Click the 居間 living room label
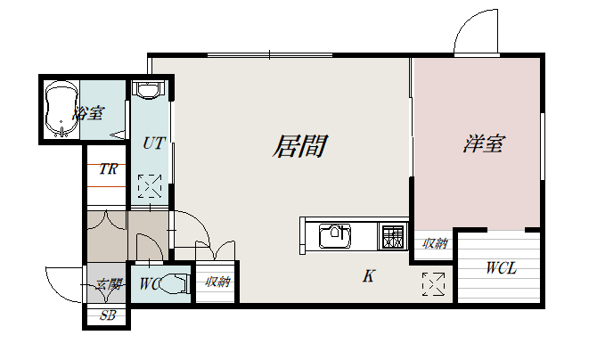(x=299, y=146)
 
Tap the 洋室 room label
(x=485, y=143)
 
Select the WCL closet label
(x=502, y=268)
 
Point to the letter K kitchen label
(x=368, y=276)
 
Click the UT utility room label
(x=153, y=143)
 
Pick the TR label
(x=108, y=168)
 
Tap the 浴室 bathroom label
(x=89, y=113)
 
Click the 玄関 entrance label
(x=109, y=284)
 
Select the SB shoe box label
(x=107, y=315)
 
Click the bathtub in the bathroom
(x=61, y=109)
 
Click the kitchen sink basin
(x=335, y=236)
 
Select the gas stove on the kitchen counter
(x=393, y=236)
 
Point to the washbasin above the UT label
(x=149, y=90)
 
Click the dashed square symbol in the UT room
(x=150, y=186)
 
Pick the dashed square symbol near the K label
(x=433, y=283)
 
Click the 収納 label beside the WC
(x=217, y=282)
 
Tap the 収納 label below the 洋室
(x=435, y=243)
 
